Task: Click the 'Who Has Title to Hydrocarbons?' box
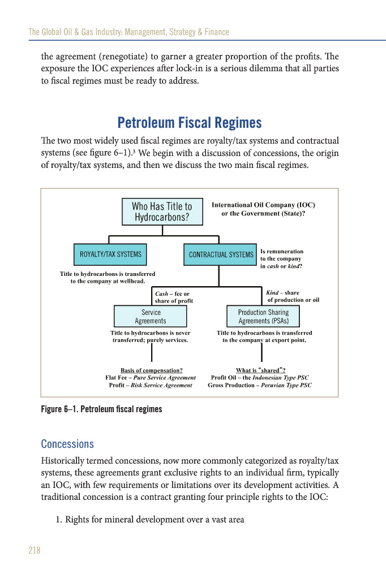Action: coord(162,211)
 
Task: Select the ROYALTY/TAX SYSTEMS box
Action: coord(110,254)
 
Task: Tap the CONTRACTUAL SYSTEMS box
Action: coord(221,254)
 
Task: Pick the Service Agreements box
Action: coord(151,316)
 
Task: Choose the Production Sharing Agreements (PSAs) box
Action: coord(263,316)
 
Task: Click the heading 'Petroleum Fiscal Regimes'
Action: coord(190,123)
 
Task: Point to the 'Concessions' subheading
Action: coord(67,444)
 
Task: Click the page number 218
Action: coord(35,550)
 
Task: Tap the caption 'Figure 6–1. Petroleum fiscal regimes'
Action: coord(102,409)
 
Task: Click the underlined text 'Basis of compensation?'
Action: coord(151,370)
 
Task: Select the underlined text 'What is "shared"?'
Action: coord(260,370)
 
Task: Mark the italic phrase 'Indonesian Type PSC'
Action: coord(281,378)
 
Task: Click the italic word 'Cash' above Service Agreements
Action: coord(161,294)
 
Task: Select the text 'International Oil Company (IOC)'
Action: coord(263,205)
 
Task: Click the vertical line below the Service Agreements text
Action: coord(152,352)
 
